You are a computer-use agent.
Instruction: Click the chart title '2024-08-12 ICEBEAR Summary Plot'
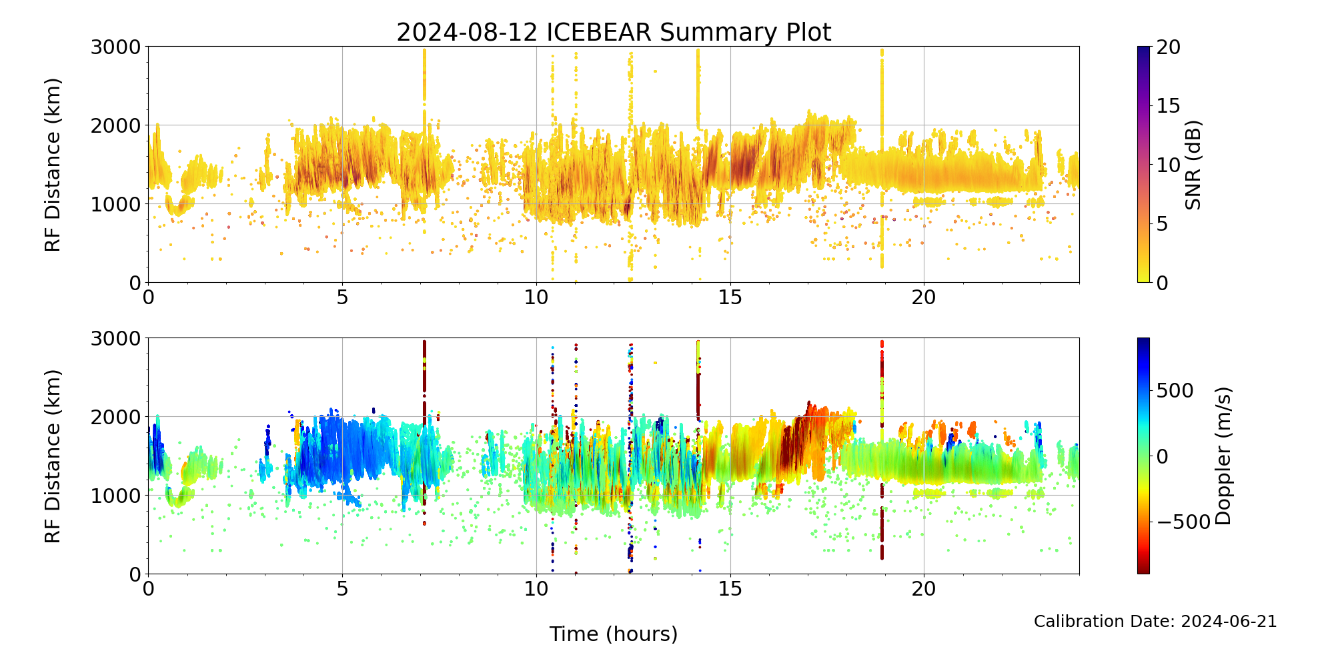tap(614, 32)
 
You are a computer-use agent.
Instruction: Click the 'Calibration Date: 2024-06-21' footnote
tap(1155, 622)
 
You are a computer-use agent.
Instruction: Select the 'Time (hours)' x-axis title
tap(614, 634)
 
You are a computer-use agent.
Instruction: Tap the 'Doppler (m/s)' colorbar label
tap(1223, 456)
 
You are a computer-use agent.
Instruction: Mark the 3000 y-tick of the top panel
tap(116, 47)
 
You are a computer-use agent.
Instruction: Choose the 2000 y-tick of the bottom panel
tap(116, 417)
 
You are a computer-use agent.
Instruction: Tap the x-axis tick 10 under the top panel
tap(536, 297)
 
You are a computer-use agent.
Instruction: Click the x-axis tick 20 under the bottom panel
tap(924, 589)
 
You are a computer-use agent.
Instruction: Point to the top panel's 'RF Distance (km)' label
tap(53, 165)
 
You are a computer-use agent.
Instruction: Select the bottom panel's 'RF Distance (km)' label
tap(53, 456)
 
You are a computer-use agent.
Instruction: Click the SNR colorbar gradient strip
tap(1143, 165)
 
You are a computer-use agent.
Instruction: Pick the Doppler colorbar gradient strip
tap(1143, 456)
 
